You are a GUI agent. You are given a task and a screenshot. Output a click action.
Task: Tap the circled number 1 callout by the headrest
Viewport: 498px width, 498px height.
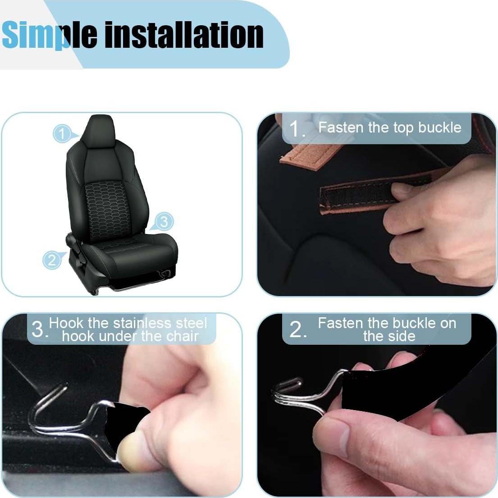62,134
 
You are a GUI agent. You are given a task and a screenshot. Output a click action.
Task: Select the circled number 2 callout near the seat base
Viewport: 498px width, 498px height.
51,260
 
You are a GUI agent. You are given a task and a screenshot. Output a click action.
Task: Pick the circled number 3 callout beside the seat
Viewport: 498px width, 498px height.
164,221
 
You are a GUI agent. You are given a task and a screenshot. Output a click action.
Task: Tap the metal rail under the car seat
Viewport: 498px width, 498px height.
135,288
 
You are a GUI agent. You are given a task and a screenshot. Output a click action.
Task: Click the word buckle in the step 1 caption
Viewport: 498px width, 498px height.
440,128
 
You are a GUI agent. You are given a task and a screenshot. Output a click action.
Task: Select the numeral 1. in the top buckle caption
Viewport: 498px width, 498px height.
297,129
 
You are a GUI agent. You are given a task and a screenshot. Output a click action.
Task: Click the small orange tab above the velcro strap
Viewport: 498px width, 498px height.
306,158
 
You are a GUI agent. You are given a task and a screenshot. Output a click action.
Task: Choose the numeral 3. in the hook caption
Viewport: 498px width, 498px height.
39,330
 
